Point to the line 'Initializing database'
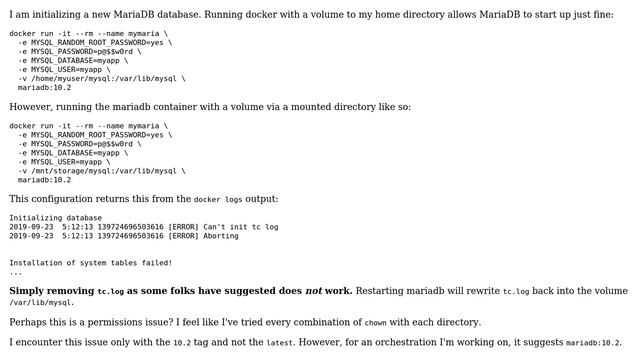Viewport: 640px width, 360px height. point(55,217)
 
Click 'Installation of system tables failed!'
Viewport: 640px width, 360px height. point(90,263)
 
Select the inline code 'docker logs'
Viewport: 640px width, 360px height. point(217,200)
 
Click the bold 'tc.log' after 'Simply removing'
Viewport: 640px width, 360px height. point(110,292)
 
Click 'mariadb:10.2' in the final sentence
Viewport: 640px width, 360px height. point(595,343)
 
